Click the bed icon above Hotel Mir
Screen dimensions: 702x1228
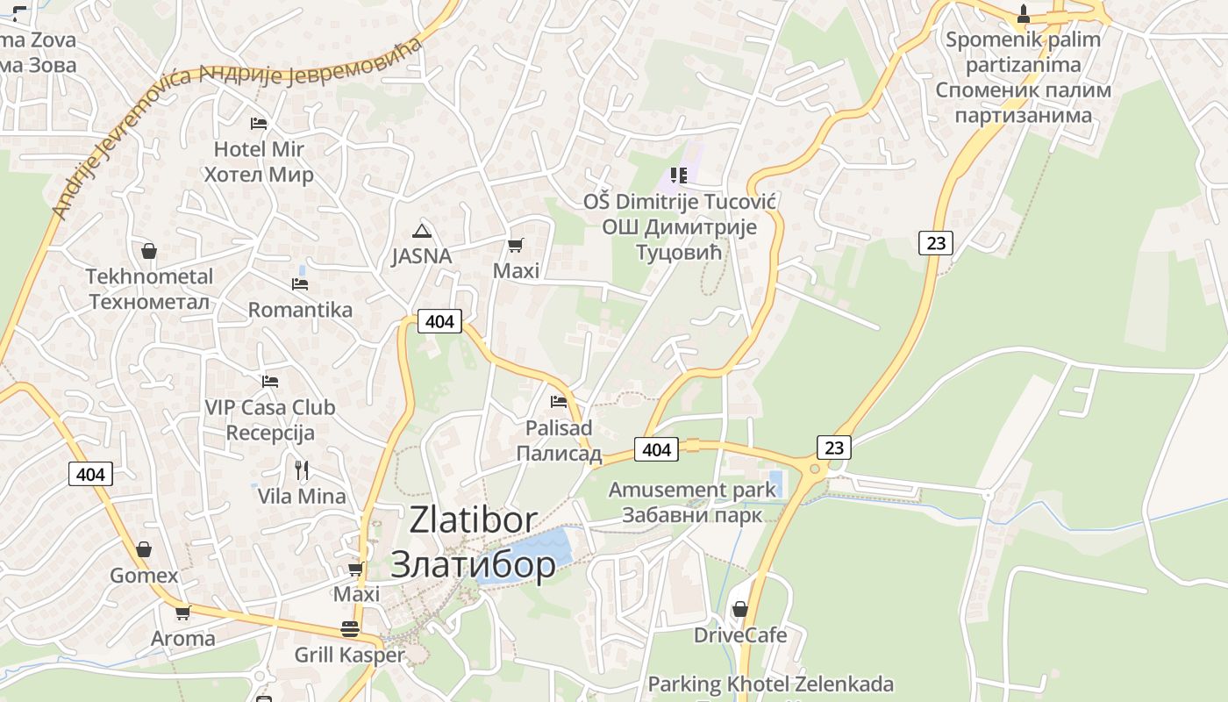(x=258, y=123)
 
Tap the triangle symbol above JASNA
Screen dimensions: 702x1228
(x=422, y=231)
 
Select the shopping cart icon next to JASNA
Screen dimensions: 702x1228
(x=516, y=245)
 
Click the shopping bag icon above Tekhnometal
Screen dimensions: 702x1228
(x=149, y=251)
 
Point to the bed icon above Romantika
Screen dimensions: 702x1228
(x=300, y=283)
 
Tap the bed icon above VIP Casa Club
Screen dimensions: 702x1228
(x=270, y=382)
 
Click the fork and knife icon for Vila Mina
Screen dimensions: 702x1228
(x=302, y=470)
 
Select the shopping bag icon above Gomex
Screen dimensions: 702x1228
(x=144, y=549)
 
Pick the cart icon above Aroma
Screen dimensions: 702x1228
(x=182, y=612)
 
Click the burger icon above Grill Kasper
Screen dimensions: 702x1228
(x=349, y=629)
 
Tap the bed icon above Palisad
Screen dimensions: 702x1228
(x=559, y=402)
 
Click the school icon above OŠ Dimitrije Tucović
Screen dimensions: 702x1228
(x=678, y=175)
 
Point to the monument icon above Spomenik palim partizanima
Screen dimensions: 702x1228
(x=1023, y=14)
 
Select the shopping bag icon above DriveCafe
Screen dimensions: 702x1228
(x=740, y=609)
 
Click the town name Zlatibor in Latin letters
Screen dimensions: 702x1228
(x=474, y=520)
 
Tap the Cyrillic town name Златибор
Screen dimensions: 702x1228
(x=473, y=563)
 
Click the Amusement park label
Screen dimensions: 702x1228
(x=693, y=490)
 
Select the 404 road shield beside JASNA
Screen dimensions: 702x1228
(x=439, y=321)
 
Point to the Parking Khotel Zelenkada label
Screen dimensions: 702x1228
(x=770, y=684)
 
